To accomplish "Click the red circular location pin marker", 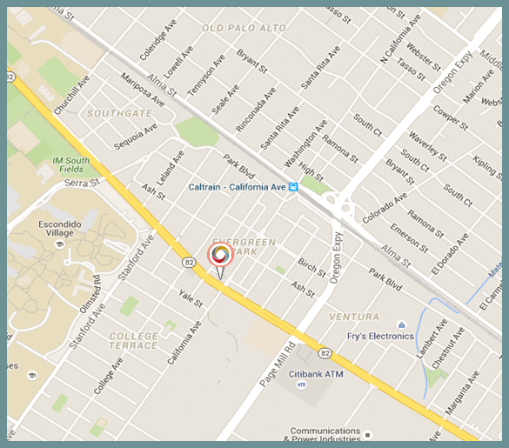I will point(220,254).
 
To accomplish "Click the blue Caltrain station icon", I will point(294,186).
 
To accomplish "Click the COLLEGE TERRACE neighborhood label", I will point(134,340).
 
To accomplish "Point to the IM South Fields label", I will point(70,165).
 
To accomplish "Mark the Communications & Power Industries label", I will point(325,435).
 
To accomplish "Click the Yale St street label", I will point(191,298).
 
